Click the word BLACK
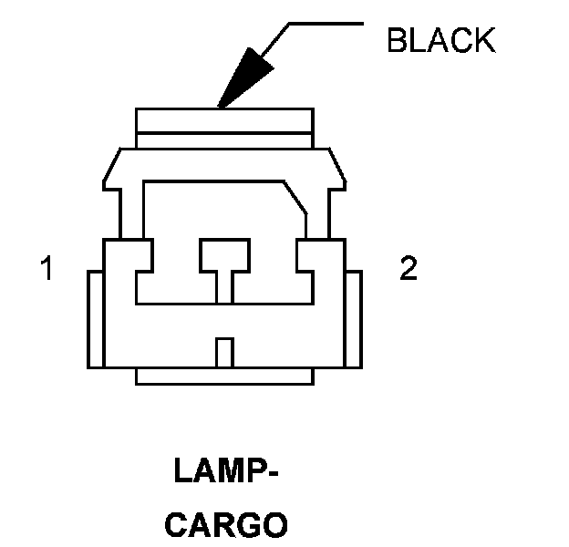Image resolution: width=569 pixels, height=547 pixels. tap(440, 41)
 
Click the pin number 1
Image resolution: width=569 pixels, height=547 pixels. tap(47, 270)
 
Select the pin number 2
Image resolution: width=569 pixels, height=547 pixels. tap(409, 269)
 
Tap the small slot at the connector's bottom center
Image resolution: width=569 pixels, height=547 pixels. tap(223, 352)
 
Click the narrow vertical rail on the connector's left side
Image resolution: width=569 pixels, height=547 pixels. tap(94, 318)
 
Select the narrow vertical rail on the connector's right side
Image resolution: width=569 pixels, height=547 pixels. tap(356, 318)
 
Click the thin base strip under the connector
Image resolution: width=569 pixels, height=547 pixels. tap(224, 376)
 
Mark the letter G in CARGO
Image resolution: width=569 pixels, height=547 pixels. tap(245, 525)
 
